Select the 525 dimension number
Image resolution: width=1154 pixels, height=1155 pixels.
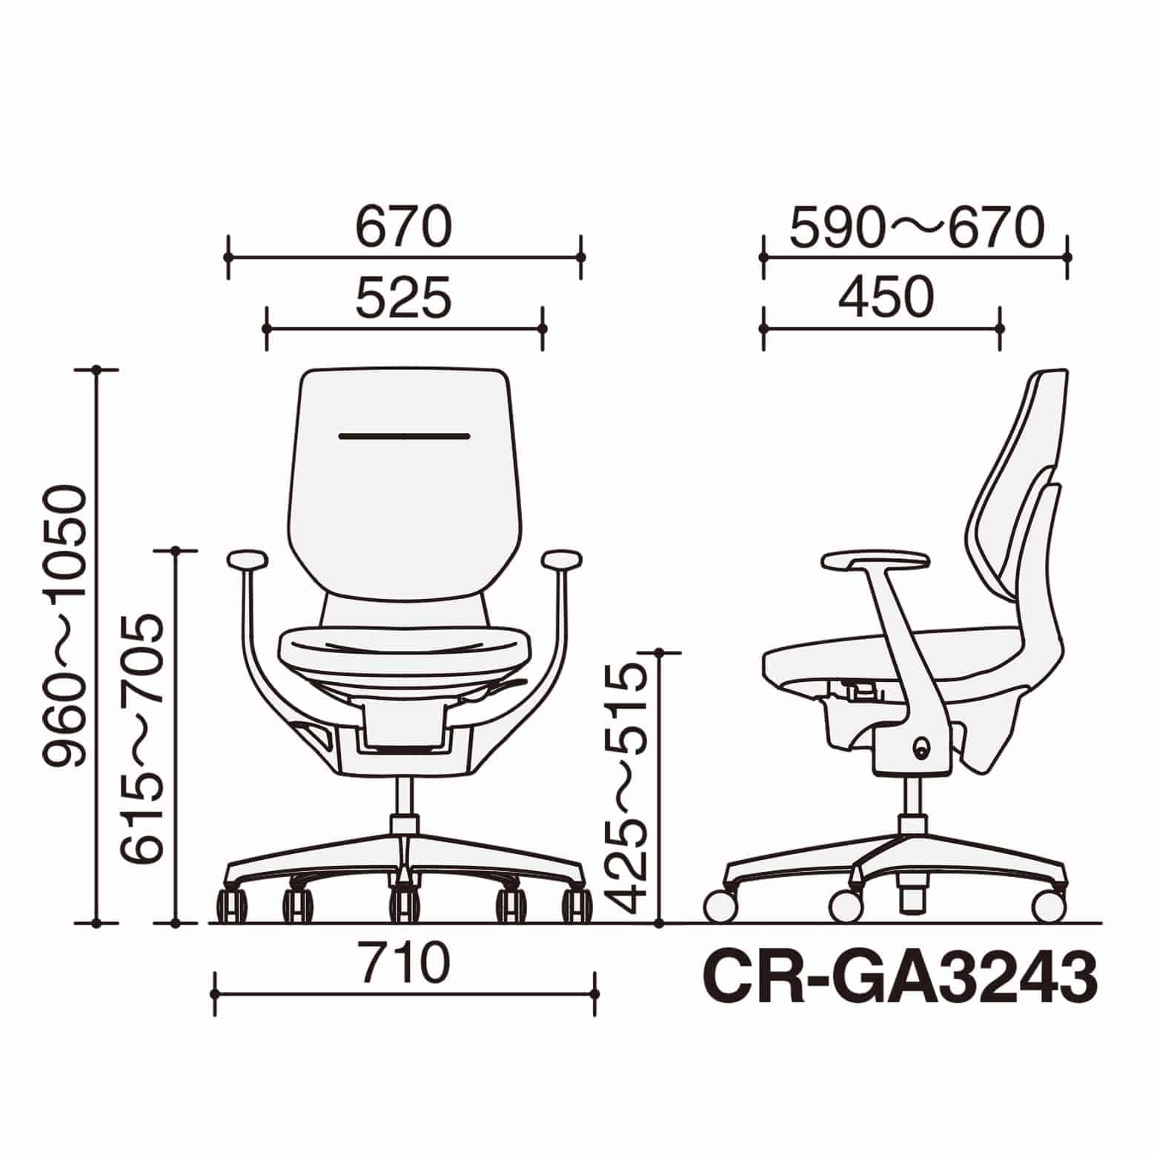tap(403, 297)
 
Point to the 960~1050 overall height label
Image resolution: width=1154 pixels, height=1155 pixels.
tap(66, 626)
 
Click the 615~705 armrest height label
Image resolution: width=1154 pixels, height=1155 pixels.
tap(143, 738)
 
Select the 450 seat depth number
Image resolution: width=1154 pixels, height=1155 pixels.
tap(886, 297)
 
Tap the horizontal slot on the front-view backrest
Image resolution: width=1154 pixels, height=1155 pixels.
tap(404, 437)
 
